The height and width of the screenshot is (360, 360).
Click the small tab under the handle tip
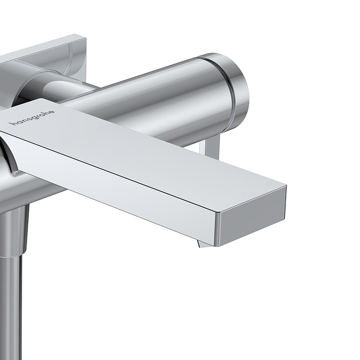point(205,243)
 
